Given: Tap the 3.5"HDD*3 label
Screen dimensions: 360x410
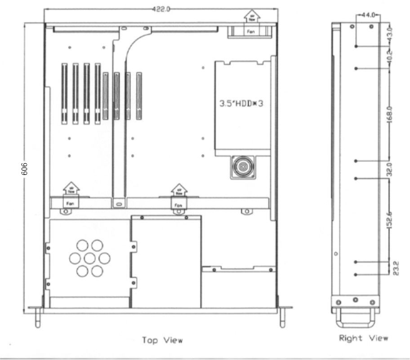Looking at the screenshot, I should [241, 103].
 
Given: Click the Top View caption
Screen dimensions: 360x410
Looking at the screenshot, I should [162, 340].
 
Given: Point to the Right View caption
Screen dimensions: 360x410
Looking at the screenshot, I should [363, 337].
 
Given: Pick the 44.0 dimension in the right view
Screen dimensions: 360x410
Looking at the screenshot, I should [368, 15].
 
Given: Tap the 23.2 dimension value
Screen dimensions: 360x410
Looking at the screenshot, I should [390, 269].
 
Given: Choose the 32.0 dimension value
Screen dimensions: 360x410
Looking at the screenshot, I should [390, 170].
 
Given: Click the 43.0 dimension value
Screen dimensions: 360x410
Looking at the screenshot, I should [390, 34].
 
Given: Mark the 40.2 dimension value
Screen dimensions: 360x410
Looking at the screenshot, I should [390, 57].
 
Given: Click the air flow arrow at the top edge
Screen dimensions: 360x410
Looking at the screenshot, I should [250, 16].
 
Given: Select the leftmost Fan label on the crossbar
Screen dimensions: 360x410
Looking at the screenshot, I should [70, 203].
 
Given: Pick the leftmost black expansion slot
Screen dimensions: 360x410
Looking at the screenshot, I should [64, 94].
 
